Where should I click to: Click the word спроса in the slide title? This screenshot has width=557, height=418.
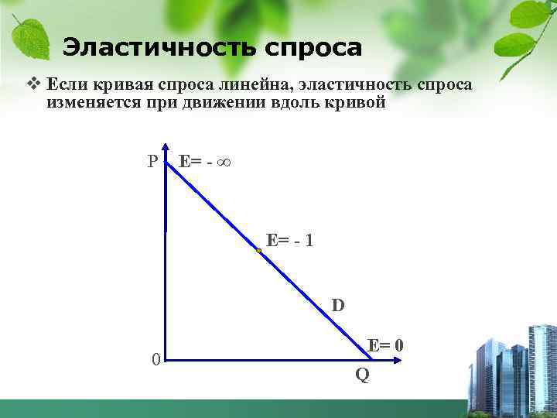click(313, 48)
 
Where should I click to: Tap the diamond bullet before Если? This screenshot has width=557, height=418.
click(32, 83)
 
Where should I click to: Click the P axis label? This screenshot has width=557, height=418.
click(153, 162)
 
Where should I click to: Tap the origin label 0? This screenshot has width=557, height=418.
click(156, 360)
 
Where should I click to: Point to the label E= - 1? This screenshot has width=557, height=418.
click(290, 240)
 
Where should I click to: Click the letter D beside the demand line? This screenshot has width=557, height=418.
click(339, 305)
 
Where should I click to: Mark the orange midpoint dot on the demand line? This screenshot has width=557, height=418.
click(258, 251)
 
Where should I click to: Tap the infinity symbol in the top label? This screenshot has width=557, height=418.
click(226, 163)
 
